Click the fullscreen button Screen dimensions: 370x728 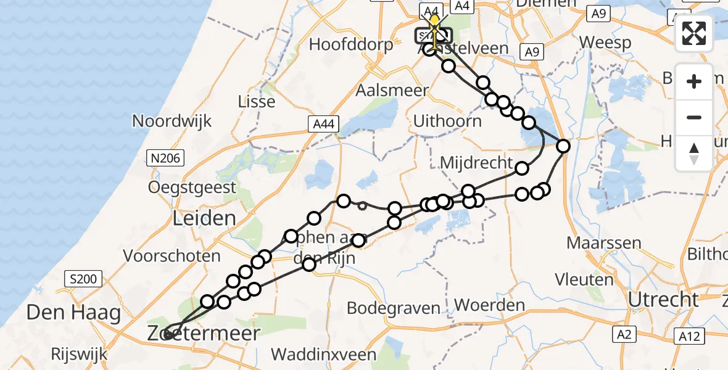pos(694,33)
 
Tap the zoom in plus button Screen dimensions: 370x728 pos(694,81)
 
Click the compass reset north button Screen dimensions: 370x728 pos(694,154)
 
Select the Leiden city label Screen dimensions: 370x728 pos(196,218)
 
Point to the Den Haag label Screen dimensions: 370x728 pos(73,313)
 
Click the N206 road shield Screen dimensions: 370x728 pos(165,158)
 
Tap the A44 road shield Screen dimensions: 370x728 pos(322,125)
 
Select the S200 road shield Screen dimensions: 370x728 pos(83,279)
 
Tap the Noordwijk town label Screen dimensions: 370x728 pos(172,121)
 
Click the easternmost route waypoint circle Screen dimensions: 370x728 pos(563,146)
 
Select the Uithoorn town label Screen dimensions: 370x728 pos(447,121)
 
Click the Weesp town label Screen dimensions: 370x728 pos(606,43)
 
